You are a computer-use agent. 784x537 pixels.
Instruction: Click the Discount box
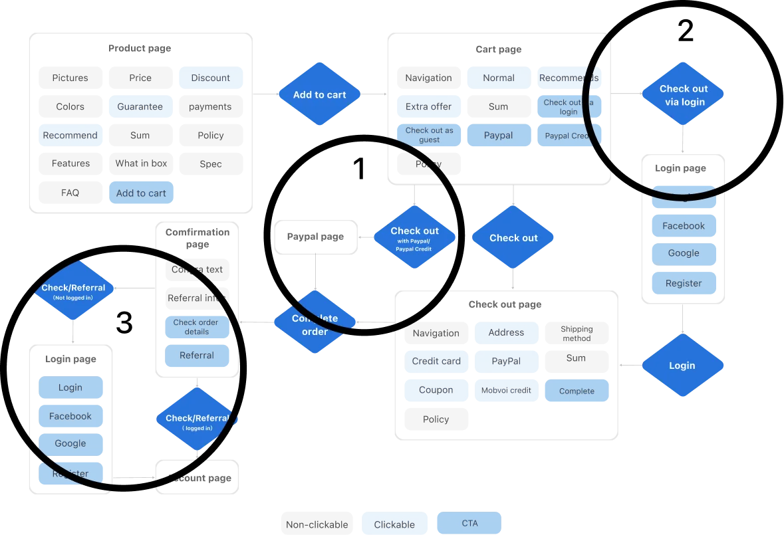click(x=210, y=78)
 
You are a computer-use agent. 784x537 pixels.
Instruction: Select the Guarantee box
click(x=140, y=106)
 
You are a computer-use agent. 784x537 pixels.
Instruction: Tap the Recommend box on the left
click(x=70, y=136)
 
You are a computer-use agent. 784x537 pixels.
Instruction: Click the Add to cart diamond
click(x=319, y=94)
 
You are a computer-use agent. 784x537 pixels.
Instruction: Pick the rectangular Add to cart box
click(x=141, y=193)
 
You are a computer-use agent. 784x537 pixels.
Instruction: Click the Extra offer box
click(x=428, y=106)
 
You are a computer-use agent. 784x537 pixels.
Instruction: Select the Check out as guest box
click(x=429, y=135)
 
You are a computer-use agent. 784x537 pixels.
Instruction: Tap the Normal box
click(x=499, y=78)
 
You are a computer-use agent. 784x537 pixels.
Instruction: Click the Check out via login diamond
click(x=683, y=94)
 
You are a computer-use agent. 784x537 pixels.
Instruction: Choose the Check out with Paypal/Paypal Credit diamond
click(x=414, y=237)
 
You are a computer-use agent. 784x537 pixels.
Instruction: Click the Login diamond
click(x=682, y=366)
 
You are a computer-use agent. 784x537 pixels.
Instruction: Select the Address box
click(x=507, y=332)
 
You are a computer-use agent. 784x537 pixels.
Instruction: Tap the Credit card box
click(x=436, y=362)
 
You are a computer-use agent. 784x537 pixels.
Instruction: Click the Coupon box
click(x=436, y=390)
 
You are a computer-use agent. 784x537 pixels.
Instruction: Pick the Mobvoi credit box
click(x=507, y=390)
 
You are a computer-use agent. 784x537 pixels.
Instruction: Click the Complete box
click(x=577, y=391)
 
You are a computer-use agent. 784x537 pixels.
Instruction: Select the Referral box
click(x=197, y=356)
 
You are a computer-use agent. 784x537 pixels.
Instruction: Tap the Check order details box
click(x=197, y=327)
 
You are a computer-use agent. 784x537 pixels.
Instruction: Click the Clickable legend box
click(x=394, y=524)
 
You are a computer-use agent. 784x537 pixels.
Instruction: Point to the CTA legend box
click(x=470, y=524)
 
